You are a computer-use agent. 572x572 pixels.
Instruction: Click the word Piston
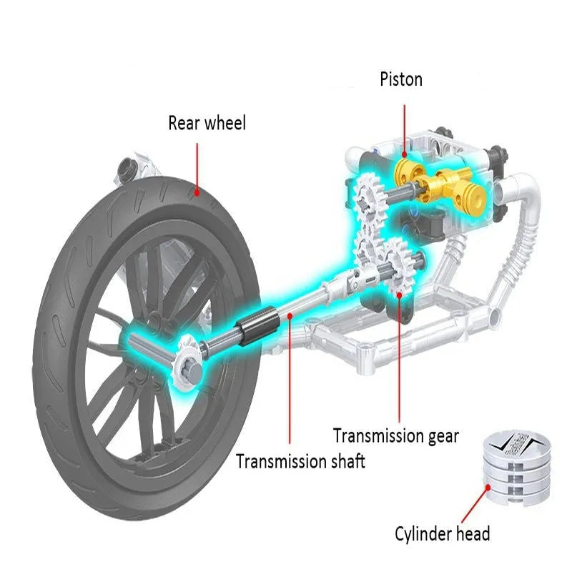point(400,79)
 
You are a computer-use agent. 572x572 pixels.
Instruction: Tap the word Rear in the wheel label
point(184,123)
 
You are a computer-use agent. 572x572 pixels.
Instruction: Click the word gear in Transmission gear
point(437,435)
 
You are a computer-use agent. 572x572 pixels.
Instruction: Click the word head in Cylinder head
point(473,533)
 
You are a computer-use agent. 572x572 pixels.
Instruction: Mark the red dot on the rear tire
point(197,191)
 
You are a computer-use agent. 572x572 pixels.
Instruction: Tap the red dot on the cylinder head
point(489,488)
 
